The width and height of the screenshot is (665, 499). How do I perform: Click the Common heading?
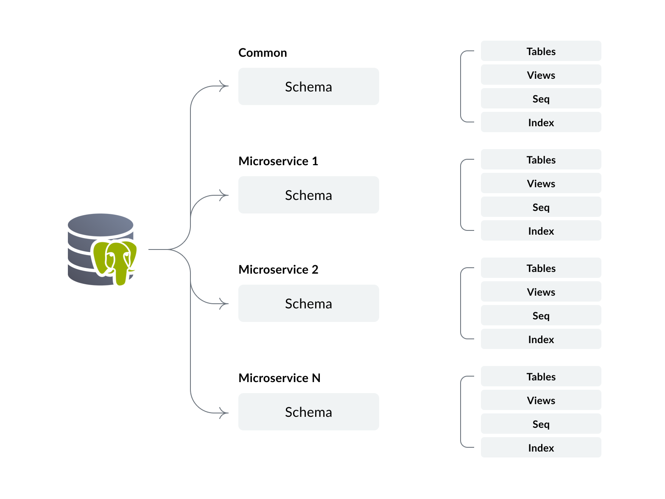tap(263, 53)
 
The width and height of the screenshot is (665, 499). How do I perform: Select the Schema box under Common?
tap(308, 86)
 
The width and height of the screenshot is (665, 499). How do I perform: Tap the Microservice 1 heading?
tap(278, 161)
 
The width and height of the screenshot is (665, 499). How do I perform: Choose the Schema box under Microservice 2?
tap(308, 303)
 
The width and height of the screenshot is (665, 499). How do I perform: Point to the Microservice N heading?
tap(279, 378)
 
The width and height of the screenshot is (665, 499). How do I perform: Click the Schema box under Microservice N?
tap(308, 412)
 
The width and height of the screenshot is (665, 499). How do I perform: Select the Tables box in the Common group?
tap(541, 51)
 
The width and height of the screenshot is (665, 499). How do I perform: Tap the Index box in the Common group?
tap(541, 122)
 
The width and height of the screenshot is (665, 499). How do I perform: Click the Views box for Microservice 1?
tap(541, 183)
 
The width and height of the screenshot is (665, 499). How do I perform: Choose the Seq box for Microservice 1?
tap(541, 207)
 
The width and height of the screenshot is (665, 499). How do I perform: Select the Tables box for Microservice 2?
tap(541, 268)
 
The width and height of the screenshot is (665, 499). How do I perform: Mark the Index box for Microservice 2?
tap(541, 339)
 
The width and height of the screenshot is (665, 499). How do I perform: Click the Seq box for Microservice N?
tap(541, 424)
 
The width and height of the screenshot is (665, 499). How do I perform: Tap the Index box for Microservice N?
tap(541, 448)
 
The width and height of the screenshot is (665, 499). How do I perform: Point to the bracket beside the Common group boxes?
tap(461, 86)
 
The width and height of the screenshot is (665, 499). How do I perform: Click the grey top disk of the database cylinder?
tap(101, 224)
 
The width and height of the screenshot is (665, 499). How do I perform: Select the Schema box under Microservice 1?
tap(308, 195)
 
